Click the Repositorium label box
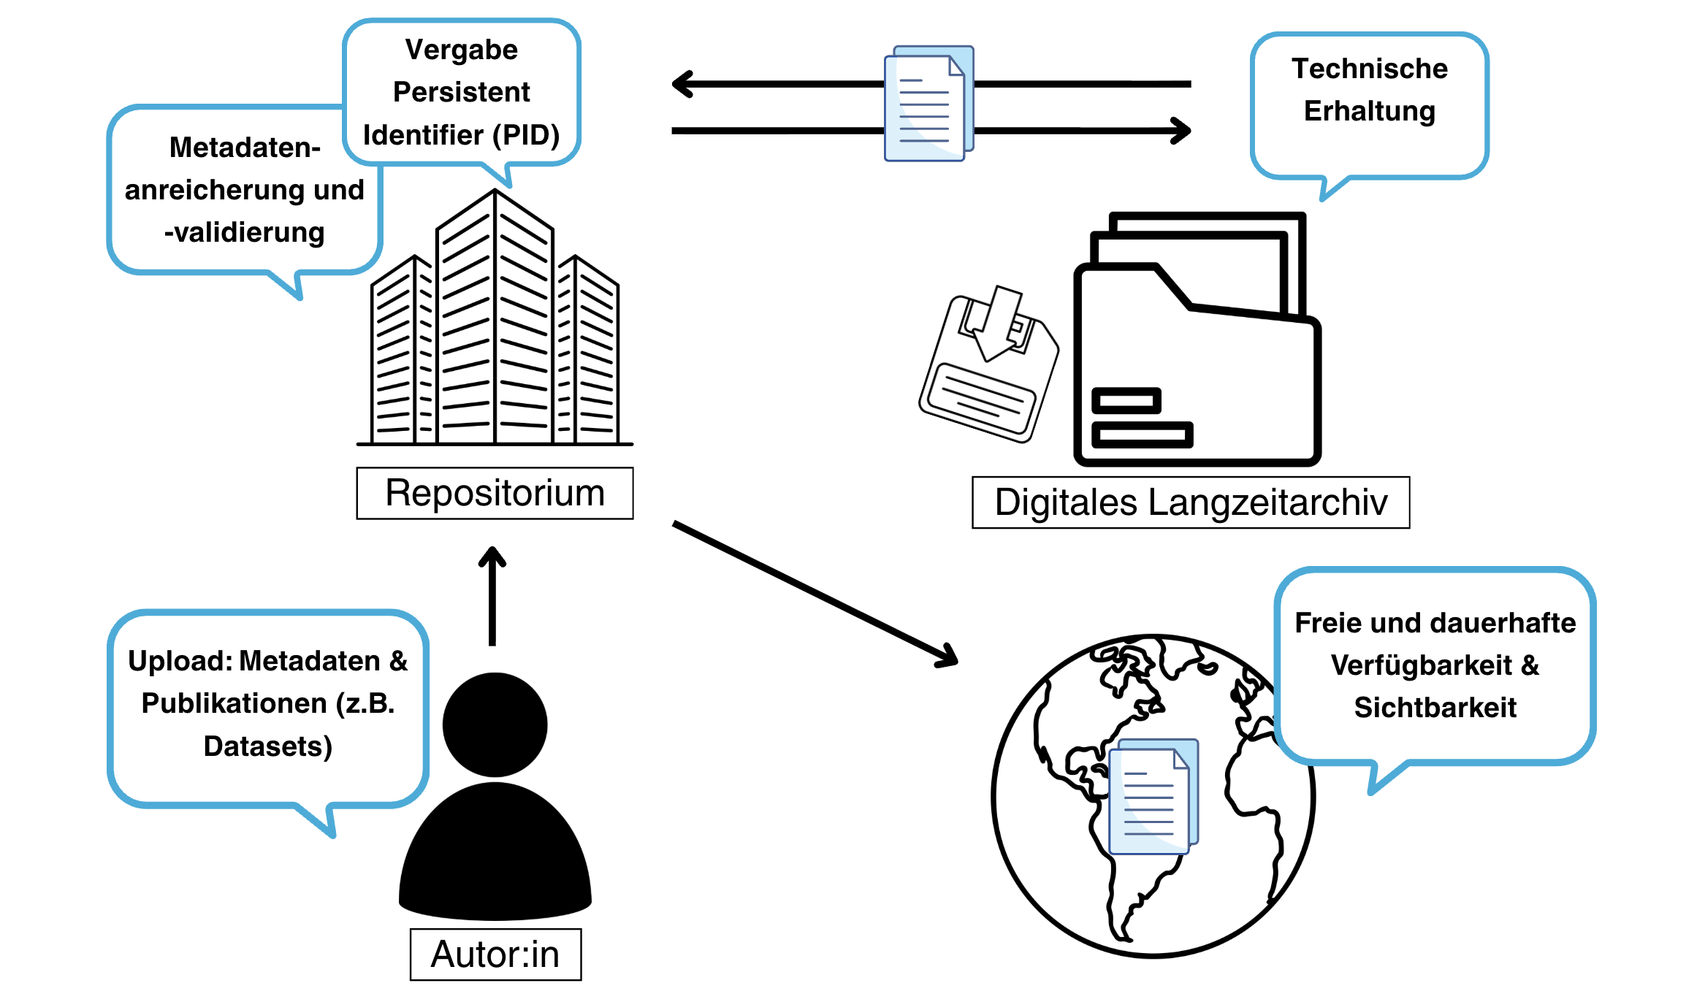tap(495, 493)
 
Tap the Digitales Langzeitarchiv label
tap(1190, 502)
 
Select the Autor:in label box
tap(495, 954)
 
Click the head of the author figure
tap(495, 724)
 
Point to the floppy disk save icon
tap(988, 365)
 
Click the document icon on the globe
tap(1153, 797)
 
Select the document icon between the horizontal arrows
tap(928, 104)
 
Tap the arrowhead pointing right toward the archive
tap(1181, 131)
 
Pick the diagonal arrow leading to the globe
tap(815, 592)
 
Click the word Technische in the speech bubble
tap(1369, 69)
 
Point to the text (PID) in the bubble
tap(526, 135)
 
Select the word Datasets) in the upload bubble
tap(267, 746)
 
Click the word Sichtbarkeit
tap(1435, 707)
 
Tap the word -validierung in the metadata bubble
tap(244, 232)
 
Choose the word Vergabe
tap(461, 50)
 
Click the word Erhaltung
tap(1369, 111)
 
